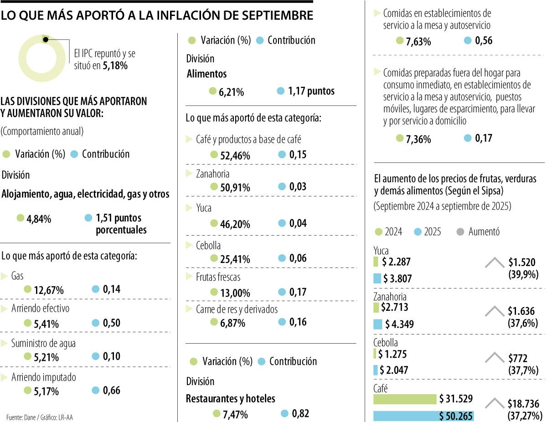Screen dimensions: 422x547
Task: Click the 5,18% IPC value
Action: click(x=115, y=66)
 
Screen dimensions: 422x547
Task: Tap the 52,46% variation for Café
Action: click(x=235, y=155)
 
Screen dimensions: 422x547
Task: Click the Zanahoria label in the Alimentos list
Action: click(x=212, y=174)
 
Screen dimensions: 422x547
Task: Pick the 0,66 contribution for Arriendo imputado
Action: click(x=112, y=390)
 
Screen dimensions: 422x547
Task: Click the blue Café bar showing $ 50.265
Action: click(x=423, y=416)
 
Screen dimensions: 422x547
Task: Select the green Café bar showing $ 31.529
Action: click(x=404, y=399)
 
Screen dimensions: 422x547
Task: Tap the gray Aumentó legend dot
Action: click(x=460, y=232)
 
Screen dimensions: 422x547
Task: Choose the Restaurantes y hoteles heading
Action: click(x=231, y=398)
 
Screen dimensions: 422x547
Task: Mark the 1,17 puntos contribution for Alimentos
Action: click(x=311, y=91)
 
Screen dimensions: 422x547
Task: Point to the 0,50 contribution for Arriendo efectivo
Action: click(x=112, y=323)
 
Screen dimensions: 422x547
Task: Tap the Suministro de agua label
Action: click(x=43, y=343)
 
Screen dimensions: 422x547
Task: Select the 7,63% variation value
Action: click(x=418, y=41)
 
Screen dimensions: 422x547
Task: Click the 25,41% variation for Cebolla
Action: click(x=235, y=259)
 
